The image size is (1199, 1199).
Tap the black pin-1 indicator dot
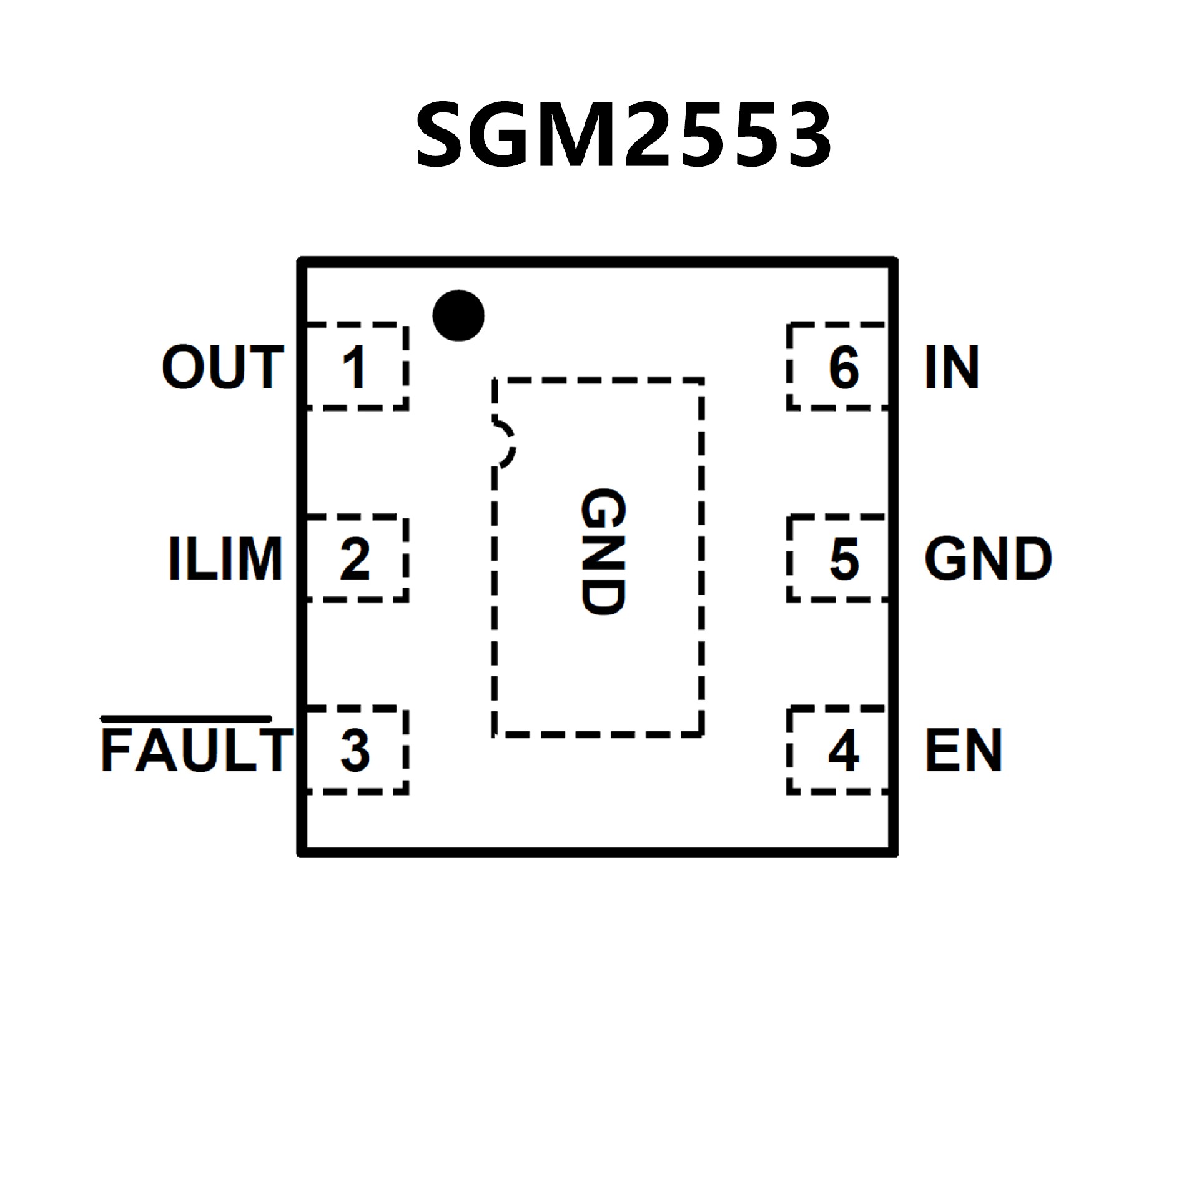458,315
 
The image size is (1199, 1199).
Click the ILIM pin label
225,559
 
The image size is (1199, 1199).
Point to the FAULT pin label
195,750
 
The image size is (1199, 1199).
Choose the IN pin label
951,368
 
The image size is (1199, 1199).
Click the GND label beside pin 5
988,559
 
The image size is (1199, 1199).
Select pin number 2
355,559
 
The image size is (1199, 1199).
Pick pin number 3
355,750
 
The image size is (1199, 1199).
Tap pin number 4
843,750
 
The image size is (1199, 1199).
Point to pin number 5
844,559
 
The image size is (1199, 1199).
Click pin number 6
844,368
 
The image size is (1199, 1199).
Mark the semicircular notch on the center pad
505,444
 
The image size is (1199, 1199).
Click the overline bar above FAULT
186,718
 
